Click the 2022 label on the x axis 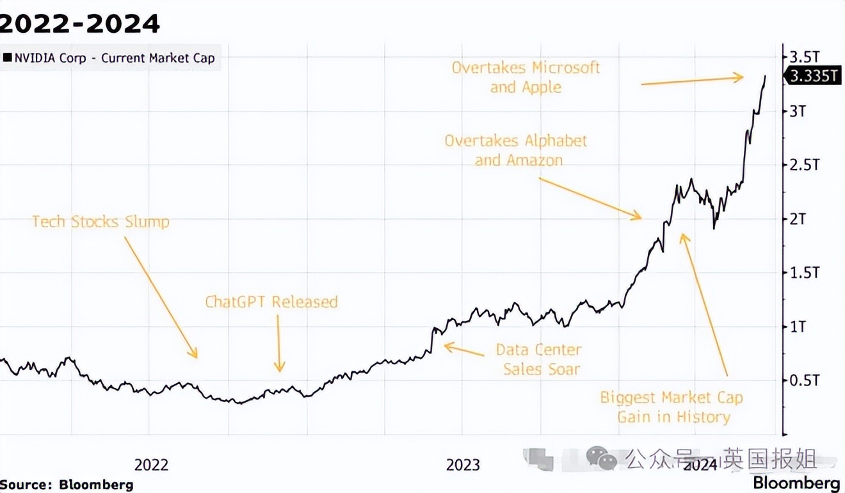click(151, 464)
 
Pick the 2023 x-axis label click(463, 464)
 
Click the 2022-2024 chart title click(80, 24)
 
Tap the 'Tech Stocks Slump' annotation click(101, 222)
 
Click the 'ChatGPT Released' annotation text click(271, 302)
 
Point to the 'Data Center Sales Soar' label click(539, 359)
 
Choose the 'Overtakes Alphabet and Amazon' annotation click(516, 150)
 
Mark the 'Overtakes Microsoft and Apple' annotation click(526, 77)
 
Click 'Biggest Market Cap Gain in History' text click(672, 407)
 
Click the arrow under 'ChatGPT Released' click(279, 343)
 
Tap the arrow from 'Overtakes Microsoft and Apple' click(692, 80)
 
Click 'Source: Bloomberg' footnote click(67, 484)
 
